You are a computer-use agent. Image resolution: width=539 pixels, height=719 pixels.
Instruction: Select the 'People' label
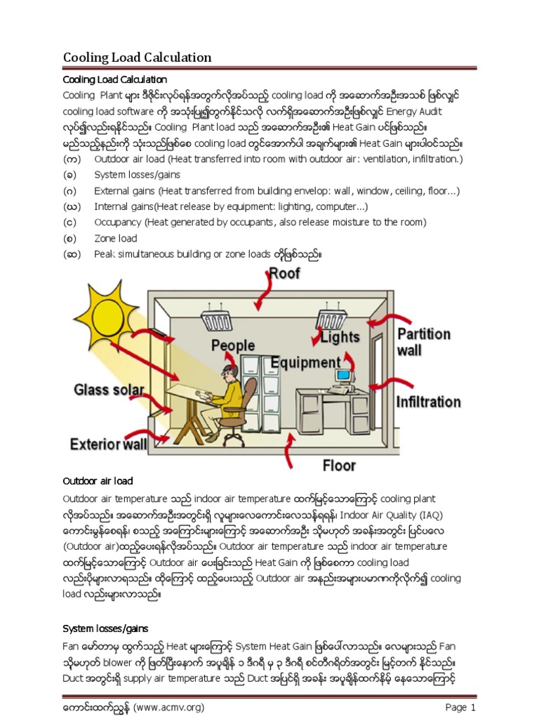coord(234,345)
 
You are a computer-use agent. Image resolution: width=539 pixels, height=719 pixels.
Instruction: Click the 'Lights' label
coord(340,337)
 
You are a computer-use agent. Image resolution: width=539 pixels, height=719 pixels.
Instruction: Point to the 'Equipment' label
coord(305,363)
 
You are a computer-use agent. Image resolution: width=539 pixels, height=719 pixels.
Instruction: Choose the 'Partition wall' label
coord(423,341)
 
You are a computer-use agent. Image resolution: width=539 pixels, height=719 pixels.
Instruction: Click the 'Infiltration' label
coord(428,402)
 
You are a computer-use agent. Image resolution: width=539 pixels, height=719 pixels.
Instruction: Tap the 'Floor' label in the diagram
coord(339,466)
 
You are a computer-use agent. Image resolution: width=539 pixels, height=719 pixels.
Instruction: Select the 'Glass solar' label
coord(109,390)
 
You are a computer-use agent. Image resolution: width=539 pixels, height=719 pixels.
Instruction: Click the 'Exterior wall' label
coord(108,444)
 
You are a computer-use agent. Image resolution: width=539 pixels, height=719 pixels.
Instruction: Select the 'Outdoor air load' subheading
coord(98,482)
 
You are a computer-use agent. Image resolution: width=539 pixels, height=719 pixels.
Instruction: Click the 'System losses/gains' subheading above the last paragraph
coord(105,628)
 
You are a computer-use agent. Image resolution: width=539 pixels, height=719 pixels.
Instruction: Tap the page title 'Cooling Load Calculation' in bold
coord(138,57)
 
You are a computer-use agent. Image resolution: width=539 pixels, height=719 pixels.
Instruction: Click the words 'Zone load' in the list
coord(116,239)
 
